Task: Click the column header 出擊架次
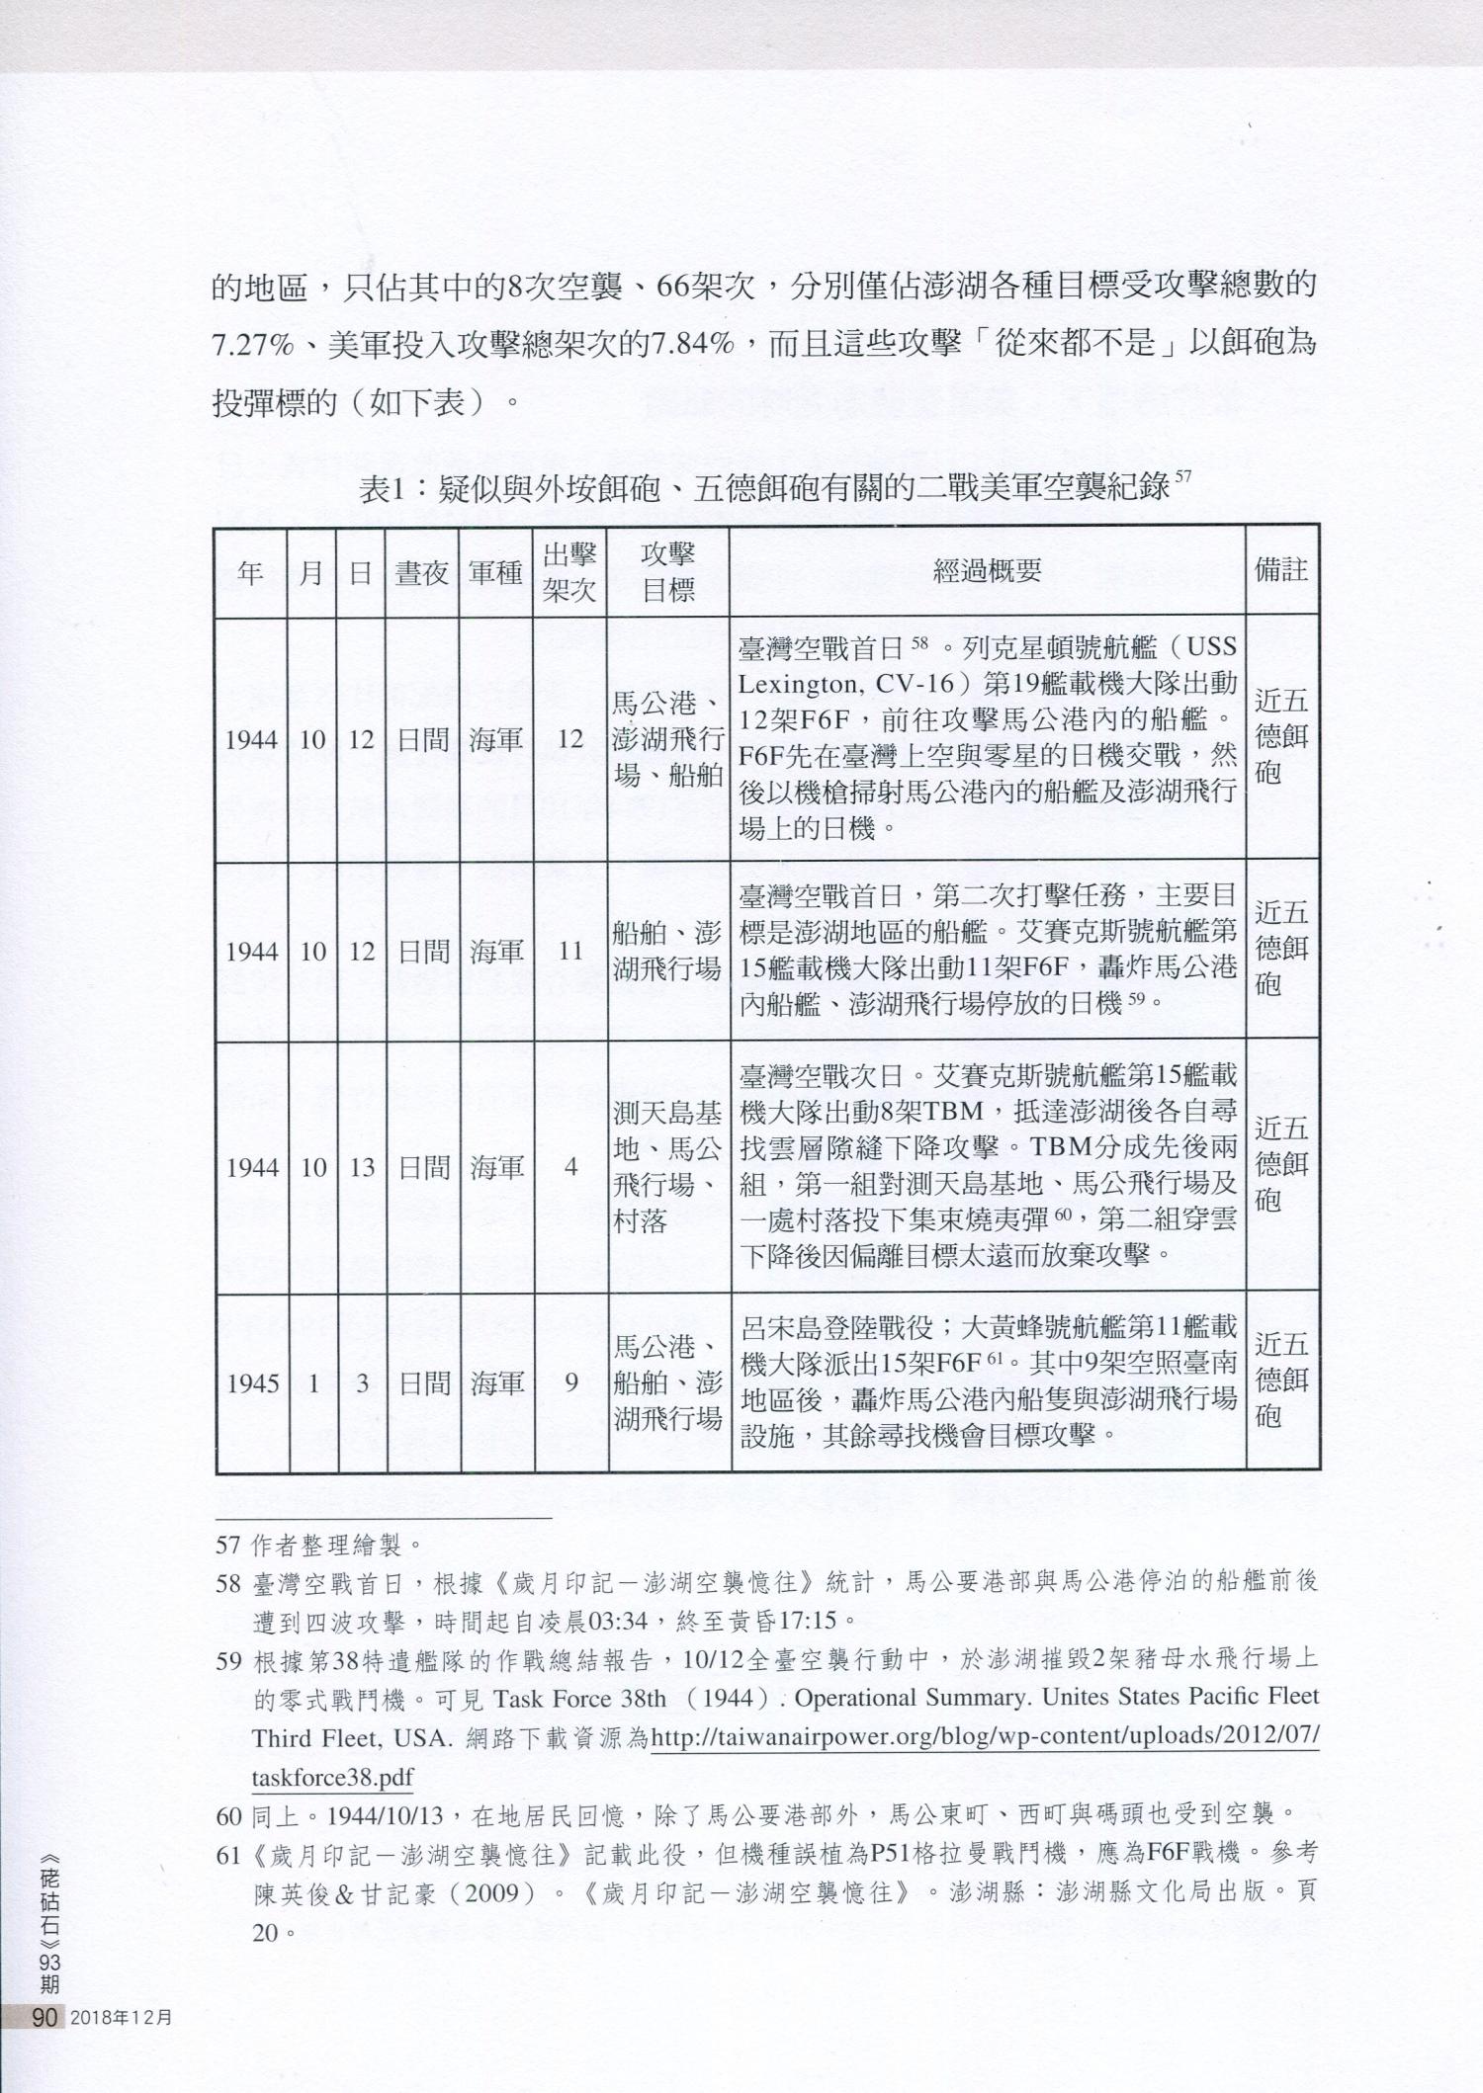[569, 571]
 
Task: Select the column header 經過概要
[987, 570]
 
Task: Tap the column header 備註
[1281, 570]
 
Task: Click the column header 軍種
[495, 572]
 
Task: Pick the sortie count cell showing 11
[570, 951]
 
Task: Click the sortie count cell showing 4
[570, 1167]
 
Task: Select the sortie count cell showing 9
[570, 1382]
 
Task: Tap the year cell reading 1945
[251, 1383]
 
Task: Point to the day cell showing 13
[362, 1167]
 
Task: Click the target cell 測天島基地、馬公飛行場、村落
[668, 1167]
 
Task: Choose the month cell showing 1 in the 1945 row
[312, 1383]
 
